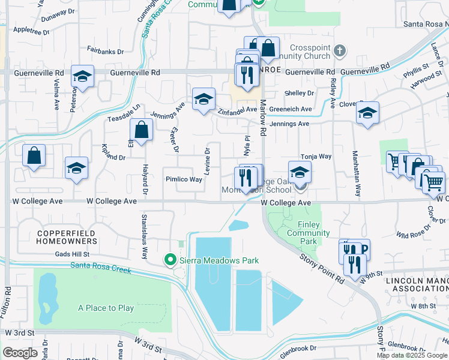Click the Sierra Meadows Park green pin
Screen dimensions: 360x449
(x=170, y=260)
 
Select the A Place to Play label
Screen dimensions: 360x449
(x=106, y=308)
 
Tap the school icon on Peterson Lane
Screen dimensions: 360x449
(x=82, y=77)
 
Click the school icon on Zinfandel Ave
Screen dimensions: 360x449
(x=203, y=99)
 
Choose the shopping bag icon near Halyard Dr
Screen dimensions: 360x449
(x=141, y=130)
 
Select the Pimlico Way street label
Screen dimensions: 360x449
(x=184, y=179)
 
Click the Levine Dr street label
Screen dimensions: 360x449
(x=207, y=161)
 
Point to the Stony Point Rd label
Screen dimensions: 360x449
(x=322, y=267)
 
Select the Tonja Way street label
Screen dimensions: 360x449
(x=316, y=156)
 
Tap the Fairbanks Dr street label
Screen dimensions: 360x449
(x=106, y=52)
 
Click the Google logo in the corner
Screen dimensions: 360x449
(x=20, y=353)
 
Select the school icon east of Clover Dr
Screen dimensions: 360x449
(x=367, y=113)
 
